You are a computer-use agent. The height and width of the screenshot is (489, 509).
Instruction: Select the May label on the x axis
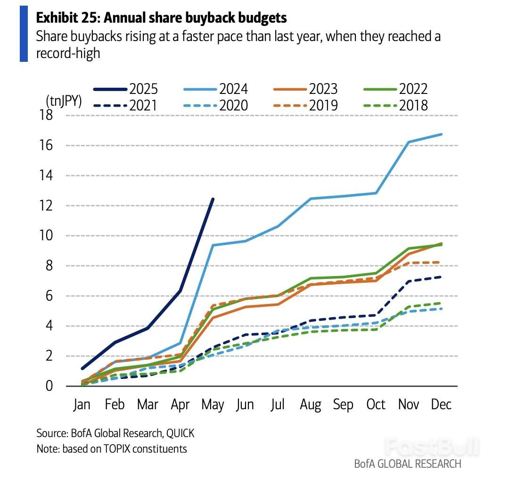pos(213,405)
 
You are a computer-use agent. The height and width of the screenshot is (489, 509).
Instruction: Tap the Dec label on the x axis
pos(441,405)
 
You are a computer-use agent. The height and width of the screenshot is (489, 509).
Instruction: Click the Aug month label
pos(311,405)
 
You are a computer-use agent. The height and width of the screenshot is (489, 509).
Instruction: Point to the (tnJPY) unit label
pos(64,101)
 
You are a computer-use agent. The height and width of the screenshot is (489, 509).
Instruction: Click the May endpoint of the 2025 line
pos(213,199)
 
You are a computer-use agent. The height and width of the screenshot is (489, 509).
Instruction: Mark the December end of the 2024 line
pos(441,135)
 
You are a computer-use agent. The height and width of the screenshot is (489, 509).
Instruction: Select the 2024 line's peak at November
pos(408,142)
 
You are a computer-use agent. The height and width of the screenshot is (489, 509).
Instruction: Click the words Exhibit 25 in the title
pos(66,18)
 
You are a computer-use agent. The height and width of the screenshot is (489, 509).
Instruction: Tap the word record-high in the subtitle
pos(68,53)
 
